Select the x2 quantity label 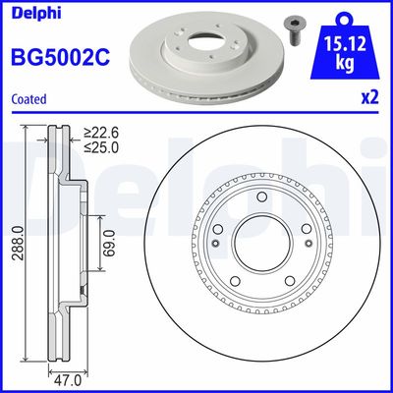[x=368, y=98]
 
